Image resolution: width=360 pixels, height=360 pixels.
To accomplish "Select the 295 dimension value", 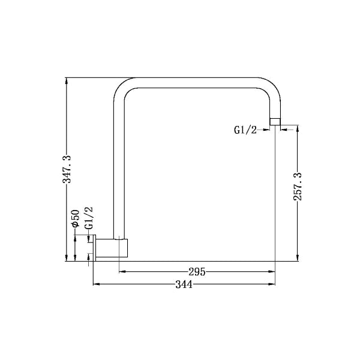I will [197, 272].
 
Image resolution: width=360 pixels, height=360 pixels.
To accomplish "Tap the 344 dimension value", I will [184, 285].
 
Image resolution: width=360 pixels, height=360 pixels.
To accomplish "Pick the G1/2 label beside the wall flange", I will [89, 218].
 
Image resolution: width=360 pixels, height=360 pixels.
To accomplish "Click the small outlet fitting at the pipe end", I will [275, 122].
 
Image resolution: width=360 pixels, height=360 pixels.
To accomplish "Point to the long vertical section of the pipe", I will [119, 168].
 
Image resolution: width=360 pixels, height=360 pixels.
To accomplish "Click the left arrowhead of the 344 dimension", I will [96, 285].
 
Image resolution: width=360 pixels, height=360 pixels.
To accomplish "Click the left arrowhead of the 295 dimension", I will [122, 272].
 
